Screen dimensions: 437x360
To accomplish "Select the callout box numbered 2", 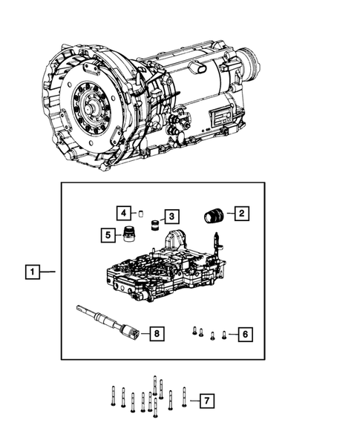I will click(x=243, y=214).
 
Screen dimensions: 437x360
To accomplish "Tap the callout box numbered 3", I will click(x=171, y=216).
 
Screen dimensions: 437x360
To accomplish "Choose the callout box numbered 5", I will click(x=108, y=235).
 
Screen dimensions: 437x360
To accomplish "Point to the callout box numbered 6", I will click(x=244, y=335).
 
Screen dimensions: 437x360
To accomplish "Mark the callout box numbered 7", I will click(x=208, y=401).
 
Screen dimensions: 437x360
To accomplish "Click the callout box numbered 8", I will click(x=154, y=334).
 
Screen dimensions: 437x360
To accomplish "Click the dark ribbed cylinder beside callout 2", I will click(x=214, y=215).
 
